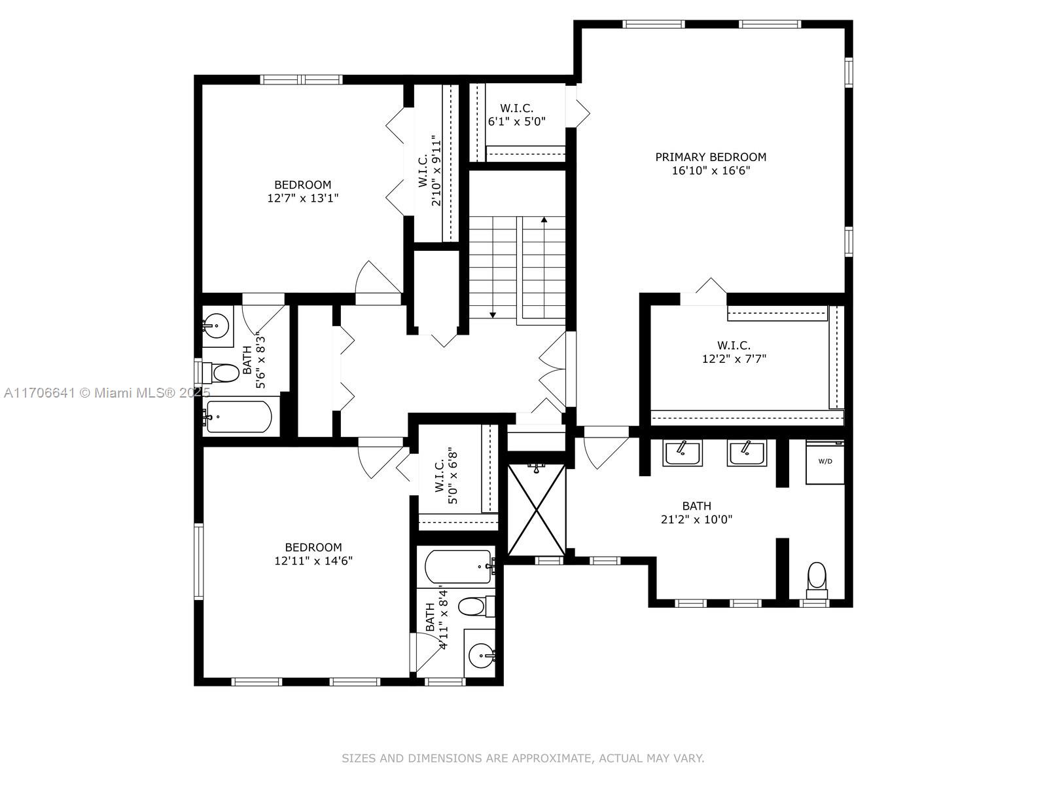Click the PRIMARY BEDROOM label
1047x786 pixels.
tap(711, 157)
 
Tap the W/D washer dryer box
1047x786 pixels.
tap(825, 462)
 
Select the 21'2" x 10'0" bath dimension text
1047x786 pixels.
tap(696, 519)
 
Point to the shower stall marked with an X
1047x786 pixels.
tap(537, 510)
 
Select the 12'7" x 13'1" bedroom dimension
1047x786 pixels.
tap(302, 198)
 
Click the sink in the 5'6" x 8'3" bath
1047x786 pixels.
tap(215, 324)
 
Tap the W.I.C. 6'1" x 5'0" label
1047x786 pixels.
tap(516, 115)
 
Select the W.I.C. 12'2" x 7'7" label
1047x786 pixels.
tap(734, 352)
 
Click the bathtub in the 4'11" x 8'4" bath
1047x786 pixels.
tap(458, 565)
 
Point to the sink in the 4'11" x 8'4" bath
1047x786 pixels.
tap(483, 654)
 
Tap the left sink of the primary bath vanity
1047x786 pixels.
tap(682, 452)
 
